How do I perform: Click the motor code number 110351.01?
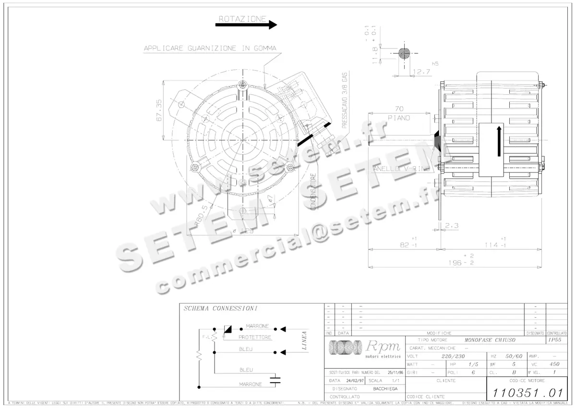tap(527, 393)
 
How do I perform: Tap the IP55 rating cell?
tap(554, 340)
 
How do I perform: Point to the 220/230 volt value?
tap(453, 357)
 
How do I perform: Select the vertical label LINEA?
tap(304, 340)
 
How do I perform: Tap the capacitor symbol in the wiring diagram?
tap(275, 381)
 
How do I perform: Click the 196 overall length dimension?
tap(451, 263)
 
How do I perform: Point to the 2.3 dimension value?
tap(451, 225)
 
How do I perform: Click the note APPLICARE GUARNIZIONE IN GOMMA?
tap(210, 48)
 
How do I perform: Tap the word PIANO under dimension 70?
tap(399, 118)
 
